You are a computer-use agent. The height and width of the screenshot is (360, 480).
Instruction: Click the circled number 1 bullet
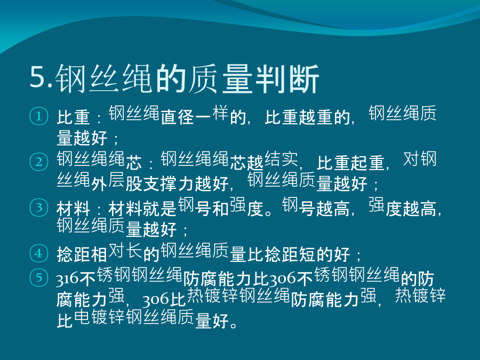(39, 116)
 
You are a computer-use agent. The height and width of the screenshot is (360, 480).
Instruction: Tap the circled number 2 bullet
(39, 162)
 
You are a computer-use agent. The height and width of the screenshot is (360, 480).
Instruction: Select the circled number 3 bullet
(39, 207)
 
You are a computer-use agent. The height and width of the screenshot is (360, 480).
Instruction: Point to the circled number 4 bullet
(39, 253)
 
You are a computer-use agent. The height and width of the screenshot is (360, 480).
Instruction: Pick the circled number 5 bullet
(39, 277)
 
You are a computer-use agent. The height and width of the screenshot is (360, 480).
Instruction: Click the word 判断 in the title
(287, 79)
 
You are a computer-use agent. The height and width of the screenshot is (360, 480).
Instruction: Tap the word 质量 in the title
(221, 79)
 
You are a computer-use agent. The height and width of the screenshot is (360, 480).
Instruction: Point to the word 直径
(178, 117)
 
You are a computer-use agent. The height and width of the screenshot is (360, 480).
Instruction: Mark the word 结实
(281, 159)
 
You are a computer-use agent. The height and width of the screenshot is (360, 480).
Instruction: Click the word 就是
(160, 209)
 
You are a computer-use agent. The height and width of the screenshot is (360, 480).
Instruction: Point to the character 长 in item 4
(134, 251)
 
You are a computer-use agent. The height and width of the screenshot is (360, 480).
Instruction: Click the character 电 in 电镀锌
(82, 317)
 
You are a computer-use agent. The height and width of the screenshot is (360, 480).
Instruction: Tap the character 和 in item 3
(221, 209)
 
